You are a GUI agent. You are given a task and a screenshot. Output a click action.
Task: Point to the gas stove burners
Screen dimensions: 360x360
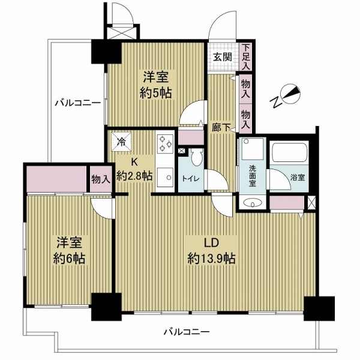(x=165, y=145)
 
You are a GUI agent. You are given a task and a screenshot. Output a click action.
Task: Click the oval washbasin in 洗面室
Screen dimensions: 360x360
(x=253, y=203)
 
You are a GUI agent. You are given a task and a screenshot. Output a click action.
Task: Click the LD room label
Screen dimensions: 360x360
(x=211, y=243)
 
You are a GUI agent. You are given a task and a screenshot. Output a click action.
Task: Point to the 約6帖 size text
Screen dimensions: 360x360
(x=70, y=258)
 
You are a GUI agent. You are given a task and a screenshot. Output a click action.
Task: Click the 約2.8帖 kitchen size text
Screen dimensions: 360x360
(x=134, y=176)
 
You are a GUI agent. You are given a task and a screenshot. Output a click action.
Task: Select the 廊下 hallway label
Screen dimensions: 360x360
(x=218, y=127)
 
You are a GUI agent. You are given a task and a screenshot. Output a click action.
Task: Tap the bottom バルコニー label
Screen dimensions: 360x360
(x=188, y=332)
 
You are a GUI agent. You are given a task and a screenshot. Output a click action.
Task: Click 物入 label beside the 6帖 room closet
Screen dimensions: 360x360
(x=100, y=178)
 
